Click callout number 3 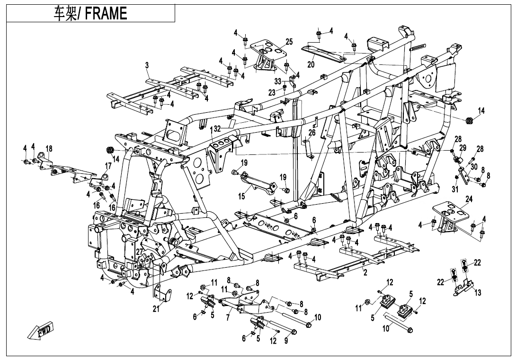coord(147,65)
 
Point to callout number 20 coord(311,64)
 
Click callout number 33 coord(278,81)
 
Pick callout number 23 coord(272,92)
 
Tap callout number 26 coord(312,133)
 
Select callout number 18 coord(49,148)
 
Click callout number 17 coord(108,166)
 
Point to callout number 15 coord(241,196)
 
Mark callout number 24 coord(469,199)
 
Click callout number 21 coord(156,309)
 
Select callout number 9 coord(286,341)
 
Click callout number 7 coord(229,318)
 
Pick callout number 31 coord(455,189)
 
